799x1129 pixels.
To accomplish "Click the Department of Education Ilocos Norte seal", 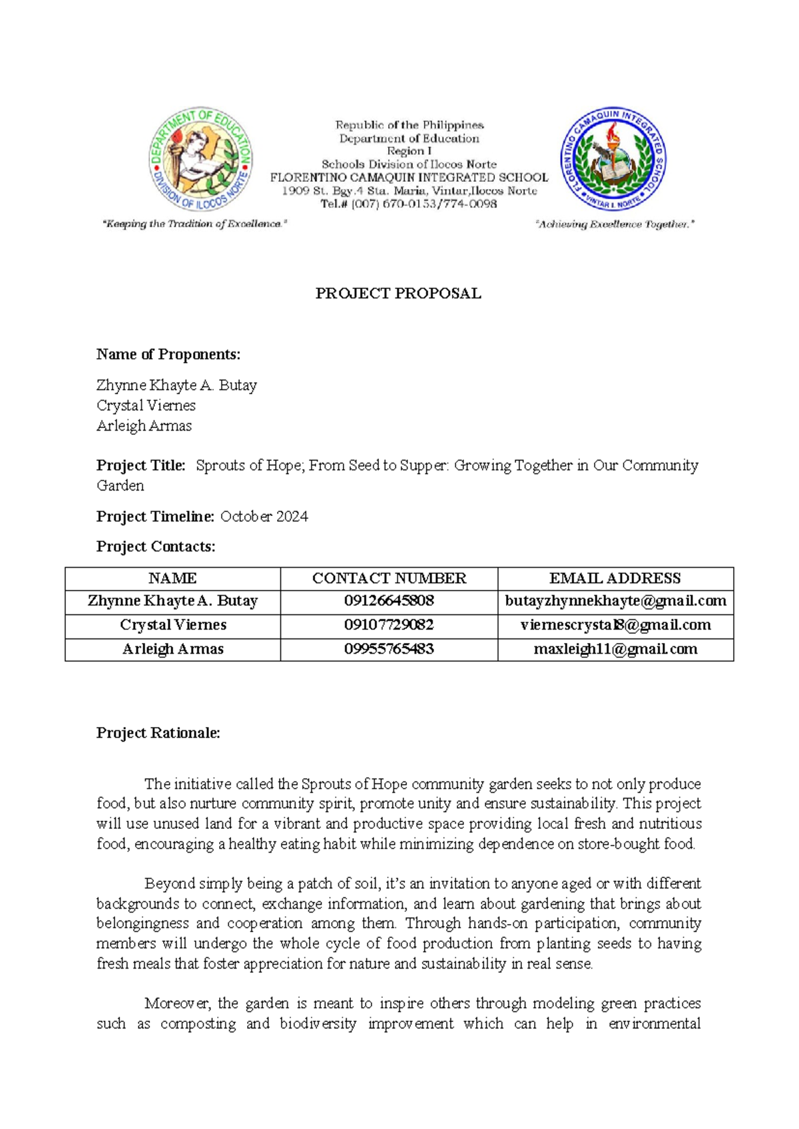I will click(x=200, y=160).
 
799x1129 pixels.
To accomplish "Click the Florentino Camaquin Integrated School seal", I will click(x=613, y=160).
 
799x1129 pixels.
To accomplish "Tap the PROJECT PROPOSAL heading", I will click(x=398, y=294).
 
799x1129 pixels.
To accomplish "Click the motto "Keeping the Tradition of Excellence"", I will click(x=194, y=224).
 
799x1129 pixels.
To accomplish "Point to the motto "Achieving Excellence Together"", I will click(x=615, y=225).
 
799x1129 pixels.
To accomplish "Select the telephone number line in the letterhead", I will click(x=408, y=204).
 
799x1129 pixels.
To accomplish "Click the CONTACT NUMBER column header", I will click(x=389, y=578).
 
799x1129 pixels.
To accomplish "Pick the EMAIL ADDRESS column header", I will click(x=615, y=578).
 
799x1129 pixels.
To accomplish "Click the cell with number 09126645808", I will click(x=389, y=601).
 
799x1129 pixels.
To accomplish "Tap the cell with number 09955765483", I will click(x=389, y=649).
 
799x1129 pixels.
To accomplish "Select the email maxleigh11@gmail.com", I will click(x=615, y=649).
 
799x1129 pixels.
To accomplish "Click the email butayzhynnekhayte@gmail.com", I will click(x=615, y=601).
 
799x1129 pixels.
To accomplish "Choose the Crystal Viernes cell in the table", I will click(x=173, y=625).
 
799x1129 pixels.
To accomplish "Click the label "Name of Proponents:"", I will click(x=168, y=354).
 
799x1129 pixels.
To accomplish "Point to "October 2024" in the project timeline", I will click(x=264, y=517).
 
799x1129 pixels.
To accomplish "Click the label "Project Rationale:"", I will click(x=158, y=733).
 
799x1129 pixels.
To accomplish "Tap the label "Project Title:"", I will click(x=140, y=465).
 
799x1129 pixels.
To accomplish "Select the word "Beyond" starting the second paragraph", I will click(x=167, y=883).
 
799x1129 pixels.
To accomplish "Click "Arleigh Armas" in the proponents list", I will click(x=144, y=426).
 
